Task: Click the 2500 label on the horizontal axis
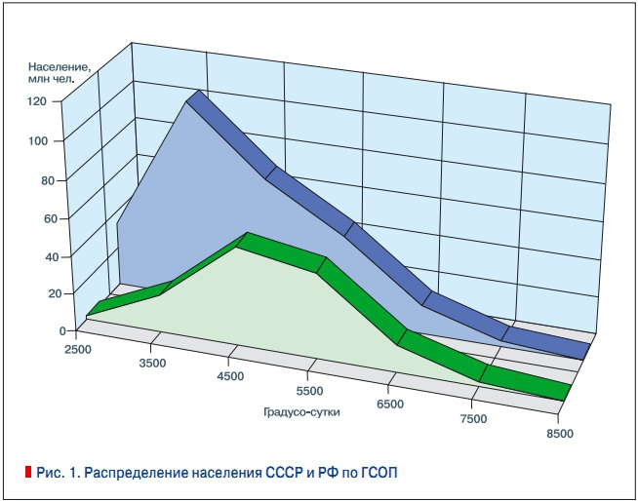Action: [79, 348]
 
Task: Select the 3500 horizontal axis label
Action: [154, 364]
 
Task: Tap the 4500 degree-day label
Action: [232, 378]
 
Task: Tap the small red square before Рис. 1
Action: [28, 474]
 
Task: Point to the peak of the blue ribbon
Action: [196, 96]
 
